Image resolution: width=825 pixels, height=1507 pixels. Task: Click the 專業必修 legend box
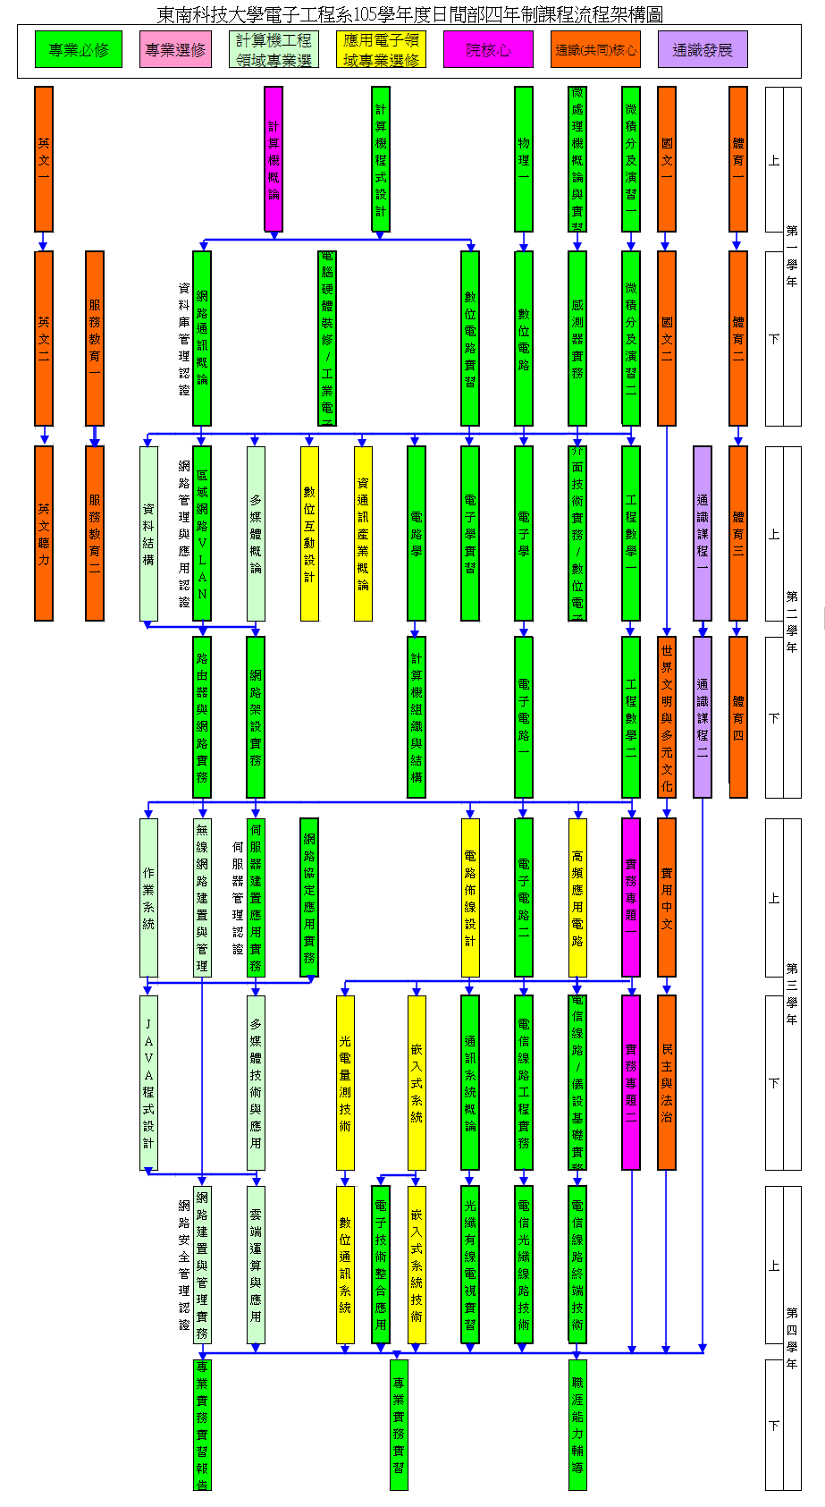(x=78, y=49)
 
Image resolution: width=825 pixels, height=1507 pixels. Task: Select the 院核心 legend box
(x=488, y=49)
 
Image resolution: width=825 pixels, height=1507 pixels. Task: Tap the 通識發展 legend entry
(x=703, y=49)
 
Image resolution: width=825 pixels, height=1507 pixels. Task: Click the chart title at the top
(x=410, y=13)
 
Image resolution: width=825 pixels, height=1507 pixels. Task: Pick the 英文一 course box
(x=44, y=158)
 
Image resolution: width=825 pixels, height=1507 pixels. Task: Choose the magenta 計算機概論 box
(x=274, y=158)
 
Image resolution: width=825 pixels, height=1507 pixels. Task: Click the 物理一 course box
(x=524, y=158)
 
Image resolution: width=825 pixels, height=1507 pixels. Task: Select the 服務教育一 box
(x=95, y=337)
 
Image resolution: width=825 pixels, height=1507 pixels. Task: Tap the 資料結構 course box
(x=148, y=533)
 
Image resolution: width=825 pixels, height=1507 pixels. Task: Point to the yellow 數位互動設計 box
(x=309, y=533)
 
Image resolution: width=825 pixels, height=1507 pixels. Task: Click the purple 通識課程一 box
(x=703, y=533)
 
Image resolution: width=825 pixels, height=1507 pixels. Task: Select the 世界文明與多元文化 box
(x=667, y=715)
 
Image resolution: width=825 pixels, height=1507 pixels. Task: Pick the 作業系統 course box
(x=148, y=897)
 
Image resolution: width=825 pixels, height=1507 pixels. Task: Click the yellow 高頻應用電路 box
(x=577, y=897)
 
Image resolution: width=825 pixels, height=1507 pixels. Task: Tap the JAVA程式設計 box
(x=148, y=1082)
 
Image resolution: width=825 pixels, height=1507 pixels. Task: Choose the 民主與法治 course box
(x=667, y=1082)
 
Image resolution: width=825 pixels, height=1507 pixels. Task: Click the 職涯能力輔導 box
(x=577, y=1425)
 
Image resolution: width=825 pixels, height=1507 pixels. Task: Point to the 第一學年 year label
(x=792, y=256)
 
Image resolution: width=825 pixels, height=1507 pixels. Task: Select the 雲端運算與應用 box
(x=256, y=1265)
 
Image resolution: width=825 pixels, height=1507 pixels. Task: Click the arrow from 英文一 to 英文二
(x=44, y=241)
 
